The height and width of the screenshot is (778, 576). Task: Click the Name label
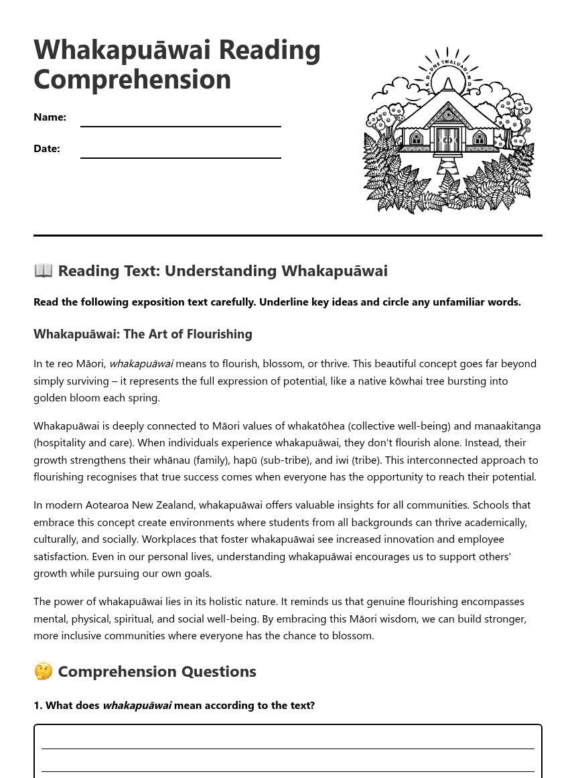click(x=50, y=117)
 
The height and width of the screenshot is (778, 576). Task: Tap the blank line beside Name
click(x=180, y=125)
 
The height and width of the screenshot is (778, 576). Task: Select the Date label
click(x=47, y=149)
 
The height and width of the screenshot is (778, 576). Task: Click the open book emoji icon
click(x=43, y=271)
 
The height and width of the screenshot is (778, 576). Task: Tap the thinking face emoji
click(x=43, y=671)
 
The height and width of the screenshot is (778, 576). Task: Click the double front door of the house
click(x=447, y=140)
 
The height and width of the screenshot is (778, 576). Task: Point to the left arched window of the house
click(x=417, y=139)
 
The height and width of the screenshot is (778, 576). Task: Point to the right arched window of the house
click(x=480, y=139)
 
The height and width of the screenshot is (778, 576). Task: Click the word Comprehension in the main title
click(x=132, y=80)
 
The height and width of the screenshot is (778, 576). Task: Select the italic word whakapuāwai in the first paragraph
click(x=141, y=364)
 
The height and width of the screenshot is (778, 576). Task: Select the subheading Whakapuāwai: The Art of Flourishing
click(x=143, y=334)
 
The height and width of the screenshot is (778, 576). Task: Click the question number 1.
click(x=38, y=706)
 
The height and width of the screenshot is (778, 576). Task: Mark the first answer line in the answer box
click(x=287, y=748)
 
